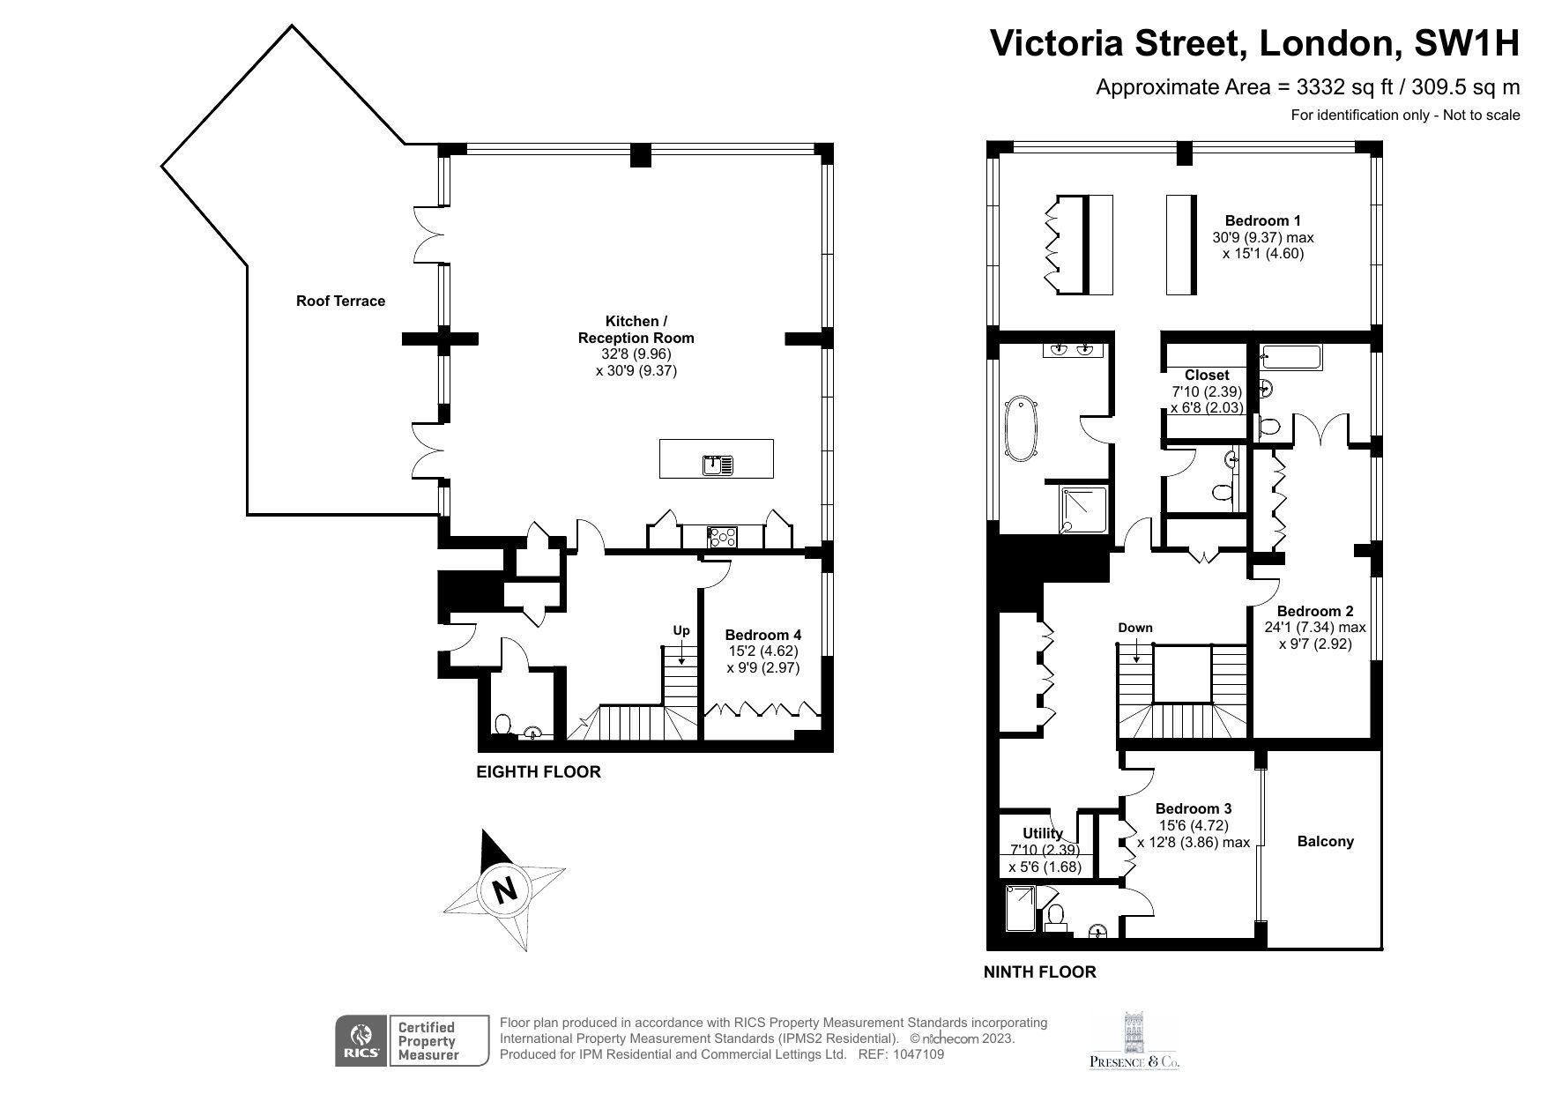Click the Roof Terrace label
click(x=340, y=301)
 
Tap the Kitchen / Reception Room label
click(x=636, y=329)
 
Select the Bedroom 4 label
click(x=762, y=635)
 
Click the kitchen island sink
click(x=718, y=464)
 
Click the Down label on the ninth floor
click(x=1134, y=628)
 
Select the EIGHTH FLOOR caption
click(x=538, y=772)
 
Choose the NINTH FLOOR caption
click(x=1040, y=972)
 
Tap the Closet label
click(x=1206, y=375)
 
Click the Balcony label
click(x=1325, y=841)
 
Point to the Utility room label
click(x=1043, y=833)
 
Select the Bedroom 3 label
click(x=1194, y=808)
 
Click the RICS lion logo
click(x=360, y=1040)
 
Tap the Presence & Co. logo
click(x=1134, y=1042)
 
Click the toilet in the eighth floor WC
click(x=503, y=725)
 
